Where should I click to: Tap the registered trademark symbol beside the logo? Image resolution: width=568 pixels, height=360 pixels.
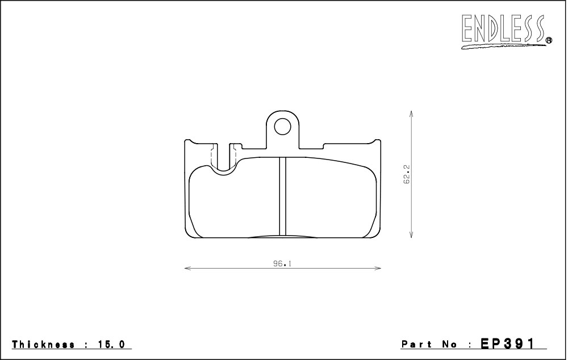549,40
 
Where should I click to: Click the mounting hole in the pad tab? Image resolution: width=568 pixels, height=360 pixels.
282,127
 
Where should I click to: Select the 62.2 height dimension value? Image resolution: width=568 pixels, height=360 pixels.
407,174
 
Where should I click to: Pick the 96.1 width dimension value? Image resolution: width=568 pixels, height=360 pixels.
282,263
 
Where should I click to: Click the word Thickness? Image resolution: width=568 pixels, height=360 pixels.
44,345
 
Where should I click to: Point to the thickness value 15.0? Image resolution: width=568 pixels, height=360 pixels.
111,345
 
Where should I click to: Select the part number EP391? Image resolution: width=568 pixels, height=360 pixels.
507,344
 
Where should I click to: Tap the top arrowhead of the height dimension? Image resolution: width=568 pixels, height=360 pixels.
411,114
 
